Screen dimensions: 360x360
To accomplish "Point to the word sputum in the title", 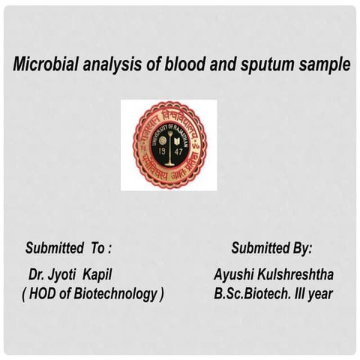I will [x=265, y=66].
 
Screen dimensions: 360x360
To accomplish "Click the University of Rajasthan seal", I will [x=169, y=145].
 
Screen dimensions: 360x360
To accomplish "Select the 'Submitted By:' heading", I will [x=271, y=248].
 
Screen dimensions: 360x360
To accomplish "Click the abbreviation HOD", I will [x=44, y=294].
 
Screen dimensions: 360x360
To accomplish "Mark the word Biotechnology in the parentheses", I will [x=112, y=294].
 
